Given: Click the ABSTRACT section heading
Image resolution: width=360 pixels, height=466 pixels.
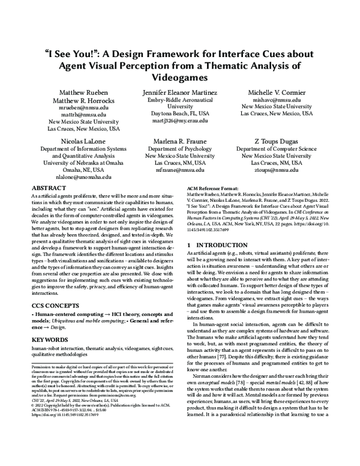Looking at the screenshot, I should [x=49, y=188].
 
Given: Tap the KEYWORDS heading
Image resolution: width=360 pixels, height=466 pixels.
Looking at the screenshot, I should [x=50, y=339].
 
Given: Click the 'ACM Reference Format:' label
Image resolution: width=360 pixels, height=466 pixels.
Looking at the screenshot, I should [x=212, y=188].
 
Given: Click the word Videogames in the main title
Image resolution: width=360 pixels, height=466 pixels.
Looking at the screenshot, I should [x=180, y=78].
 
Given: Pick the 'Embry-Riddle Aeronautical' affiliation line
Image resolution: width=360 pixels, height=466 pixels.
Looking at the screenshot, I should [x=180, y=99].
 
